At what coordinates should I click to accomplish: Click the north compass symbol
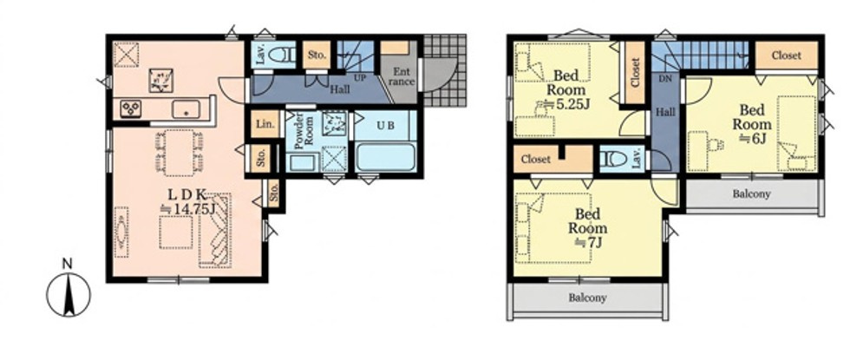click(69, 294)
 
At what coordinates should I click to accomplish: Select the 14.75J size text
click(186, 208)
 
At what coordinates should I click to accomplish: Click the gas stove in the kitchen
click(131, 108)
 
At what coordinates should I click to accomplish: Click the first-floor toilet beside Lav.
click(282, 55)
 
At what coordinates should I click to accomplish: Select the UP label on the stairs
click(360, 78)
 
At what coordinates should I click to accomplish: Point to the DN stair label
click(665, 79)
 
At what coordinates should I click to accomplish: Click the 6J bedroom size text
click(753, 138)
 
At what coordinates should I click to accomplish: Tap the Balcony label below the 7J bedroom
click(587, 298)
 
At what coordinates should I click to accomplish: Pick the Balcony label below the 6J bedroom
click(751, 193)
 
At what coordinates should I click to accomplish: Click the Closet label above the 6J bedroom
click(787, 56)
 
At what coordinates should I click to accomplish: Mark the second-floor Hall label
click(665, 112)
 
